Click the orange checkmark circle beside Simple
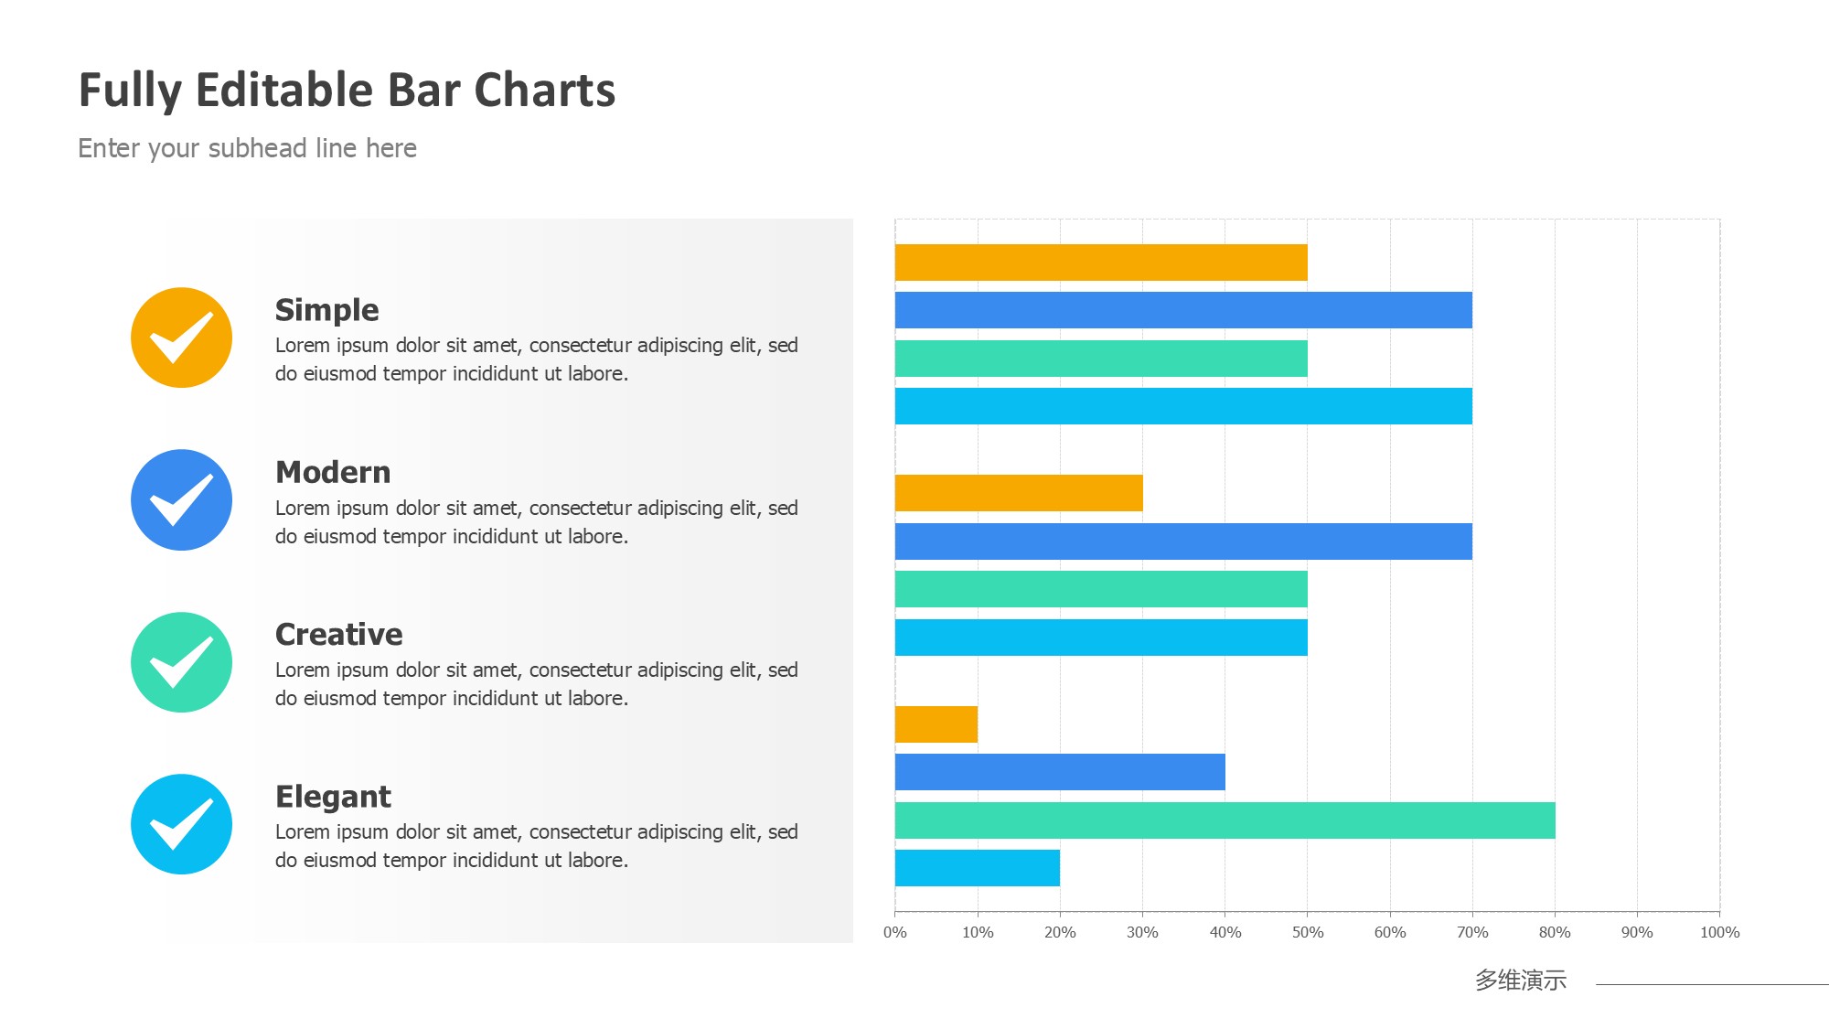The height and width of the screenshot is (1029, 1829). coord(181,338)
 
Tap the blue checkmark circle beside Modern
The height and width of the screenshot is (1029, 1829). coord(181,499)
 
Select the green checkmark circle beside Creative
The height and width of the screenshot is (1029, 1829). coord(181,662)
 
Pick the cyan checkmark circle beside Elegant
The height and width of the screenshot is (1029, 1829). coord(181,824)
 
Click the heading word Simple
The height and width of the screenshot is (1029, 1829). coord(326,310)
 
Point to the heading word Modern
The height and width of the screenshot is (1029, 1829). coord(333,472)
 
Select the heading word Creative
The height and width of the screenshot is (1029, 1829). coord(338,634)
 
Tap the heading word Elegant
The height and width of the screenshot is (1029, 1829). coord(333,796)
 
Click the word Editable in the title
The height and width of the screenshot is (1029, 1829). coord(284,91)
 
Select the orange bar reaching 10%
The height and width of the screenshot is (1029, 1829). coord(936,724)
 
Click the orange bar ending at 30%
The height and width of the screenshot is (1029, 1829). coord(1019,493)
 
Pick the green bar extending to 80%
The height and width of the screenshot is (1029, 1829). coord(1225,820)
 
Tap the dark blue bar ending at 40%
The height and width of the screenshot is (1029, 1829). coord(1060,772)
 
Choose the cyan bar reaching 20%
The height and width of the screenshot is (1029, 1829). coord(977,868)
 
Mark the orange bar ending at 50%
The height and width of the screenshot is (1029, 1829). coord(1101,263)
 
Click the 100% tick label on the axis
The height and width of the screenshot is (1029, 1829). coord(1719,932)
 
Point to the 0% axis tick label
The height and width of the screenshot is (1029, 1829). coord(894,932)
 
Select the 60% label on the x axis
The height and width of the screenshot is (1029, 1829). coord(1389,932)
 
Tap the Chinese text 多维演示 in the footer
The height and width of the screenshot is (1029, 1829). coord(1520,981)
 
